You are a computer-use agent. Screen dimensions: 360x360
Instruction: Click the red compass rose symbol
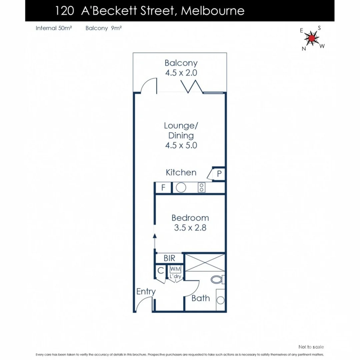[x=311, y=38]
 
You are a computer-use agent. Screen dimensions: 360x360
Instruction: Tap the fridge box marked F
[x=163, y=188]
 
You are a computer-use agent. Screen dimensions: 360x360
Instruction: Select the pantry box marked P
[x=219, y=174]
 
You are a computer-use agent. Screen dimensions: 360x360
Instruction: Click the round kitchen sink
[x=181, y=188]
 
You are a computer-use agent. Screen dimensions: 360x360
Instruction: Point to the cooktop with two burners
[x=201, y=188]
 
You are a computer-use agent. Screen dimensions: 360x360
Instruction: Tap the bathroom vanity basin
[x=220, y=300]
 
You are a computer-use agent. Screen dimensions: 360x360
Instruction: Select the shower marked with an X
[x=205, y=262]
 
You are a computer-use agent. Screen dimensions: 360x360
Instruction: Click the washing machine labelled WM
[x=174, y=269]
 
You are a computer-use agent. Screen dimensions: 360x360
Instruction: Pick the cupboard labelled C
[x=161, y=271]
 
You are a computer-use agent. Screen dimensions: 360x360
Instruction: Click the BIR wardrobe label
[x=169, y=258]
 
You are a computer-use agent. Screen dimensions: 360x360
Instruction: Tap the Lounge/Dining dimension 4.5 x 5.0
[x=181, y=145]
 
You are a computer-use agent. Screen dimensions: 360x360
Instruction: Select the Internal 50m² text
[x=54, y=28]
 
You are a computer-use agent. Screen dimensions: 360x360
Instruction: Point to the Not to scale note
[x=311, y=347]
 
